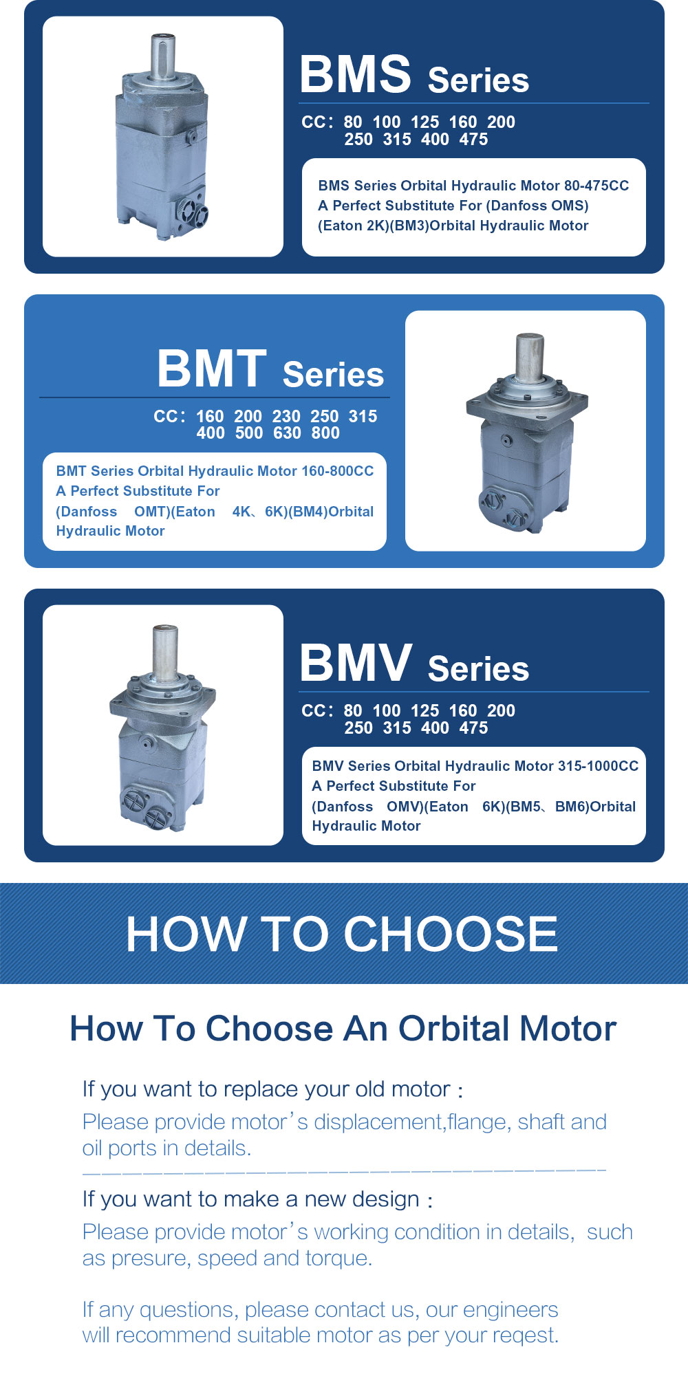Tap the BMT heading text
click(212, 369)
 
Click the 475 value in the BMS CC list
click(473, 140)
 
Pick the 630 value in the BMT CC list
click(287, 433)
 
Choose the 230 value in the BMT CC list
click(286, 416)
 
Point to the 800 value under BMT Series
click(325, 433)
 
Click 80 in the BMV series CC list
click(353, 710)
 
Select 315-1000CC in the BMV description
click(598, 766)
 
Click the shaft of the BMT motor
click(530, 358)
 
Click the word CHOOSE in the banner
click(451, 934)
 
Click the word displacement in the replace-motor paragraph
click(380, 1122)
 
